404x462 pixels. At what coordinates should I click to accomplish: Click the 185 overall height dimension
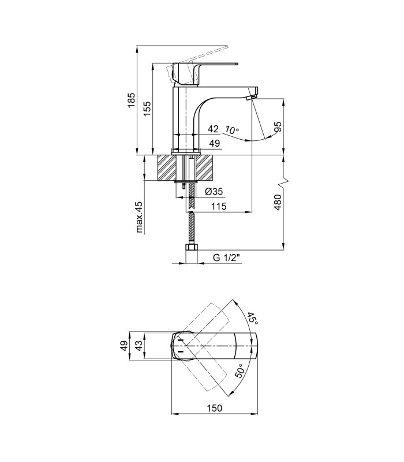[132, 100]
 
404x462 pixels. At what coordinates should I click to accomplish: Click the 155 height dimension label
[147, 109]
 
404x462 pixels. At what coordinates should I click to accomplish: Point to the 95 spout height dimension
[278, 126]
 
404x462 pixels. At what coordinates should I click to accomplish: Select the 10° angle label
[232, 129]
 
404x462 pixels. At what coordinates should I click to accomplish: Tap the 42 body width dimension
[213, 129]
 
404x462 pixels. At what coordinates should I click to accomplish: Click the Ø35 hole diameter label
[214, 192]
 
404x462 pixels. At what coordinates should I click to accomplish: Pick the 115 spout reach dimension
[219, 206]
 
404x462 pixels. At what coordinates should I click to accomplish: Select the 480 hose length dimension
[278, 202]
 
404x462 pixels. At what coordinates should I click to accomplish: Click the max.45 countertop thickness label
[139, 217]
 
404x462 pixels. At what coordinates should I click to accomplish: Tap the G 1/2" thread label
[226, 258]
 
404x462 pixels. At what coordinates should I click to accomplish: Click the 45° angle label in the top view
[252, 319]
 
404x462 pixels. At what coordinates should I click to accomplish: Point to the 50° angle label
[240, 371]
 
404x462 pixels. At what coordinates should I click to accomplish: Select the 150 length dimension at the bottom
[214, 408]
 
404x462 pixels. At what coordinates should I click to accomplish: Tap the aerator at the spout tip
[251, 97]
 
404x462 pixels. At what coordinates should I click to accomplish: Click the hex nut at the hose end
[192, 247]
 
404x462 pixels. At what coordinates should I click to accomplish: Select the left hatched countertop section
[167, 167]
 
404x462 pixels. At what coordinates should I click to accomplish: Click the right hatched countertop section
[205, 167]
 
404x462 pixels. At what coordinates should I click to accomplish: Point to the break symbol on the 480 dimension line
[283, 183]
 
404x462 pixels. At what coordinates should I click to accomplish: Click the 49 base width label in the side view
[214, 143]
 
